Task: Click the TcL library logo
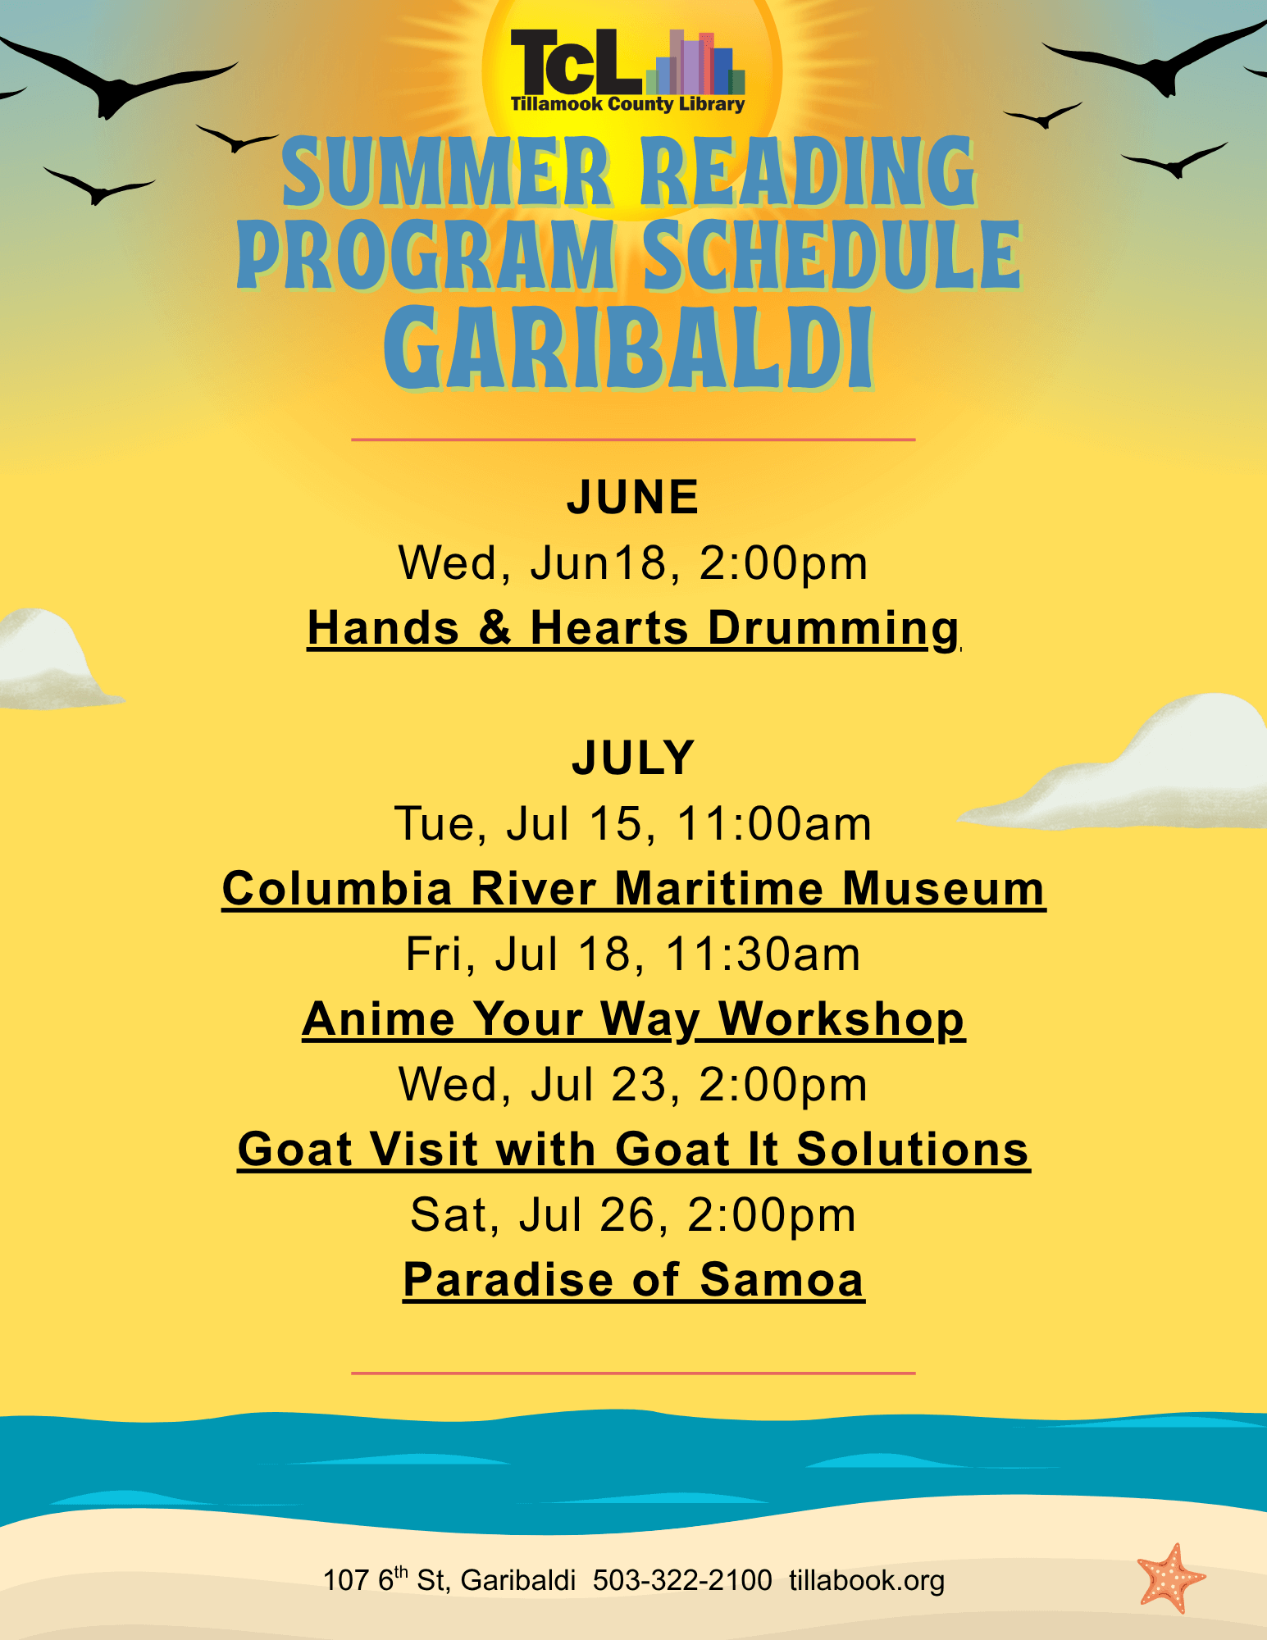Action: [627, 71]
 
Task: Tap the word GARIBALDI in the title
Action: [628, 348]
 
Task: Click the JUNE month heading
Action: [632, 497]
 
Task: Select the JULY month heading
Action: [633, 757]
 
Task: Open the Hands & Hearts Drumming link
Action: [633, 629]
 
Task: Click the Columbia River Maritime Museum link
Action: [634, 889]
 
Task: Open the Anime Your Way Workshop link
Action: [634, 1019]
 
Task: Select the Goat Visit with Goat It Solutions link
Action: [634, 1150]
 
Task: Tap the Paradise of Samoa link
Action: [634, 1280]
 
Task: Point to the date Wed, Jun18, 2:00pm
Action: [633, 563]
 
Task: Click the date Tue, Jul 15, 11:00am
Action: [633, 823]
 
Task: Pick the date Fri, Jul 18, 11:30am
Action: [633, 954]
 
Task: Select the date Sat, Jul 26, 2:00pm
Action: [633, 1215]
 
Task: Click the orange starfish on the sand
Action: [1171, 1578]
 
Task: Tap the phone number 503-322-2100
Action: [682, 1580]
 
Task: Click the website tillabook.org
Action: [867, 1580]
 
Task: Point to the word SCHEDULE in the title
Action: [832, 255]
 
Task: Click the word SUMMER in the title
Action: [448, 172]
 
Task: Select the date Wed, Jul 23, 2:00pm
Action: [633, 1085]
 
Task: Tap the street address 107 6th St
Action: [384, 1578]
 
